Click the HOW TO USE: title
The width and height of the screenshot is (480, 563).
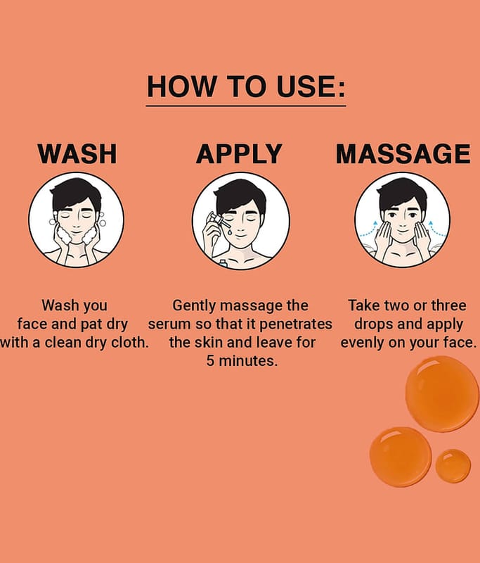(x=246, y=87)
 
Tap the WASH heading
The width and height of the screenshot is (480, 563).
(x=77, y=153)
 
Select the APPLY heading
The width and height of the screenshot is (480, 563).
(x=239, y=153)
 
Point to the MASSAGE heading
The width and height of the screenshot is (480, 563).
(x=403, y=153)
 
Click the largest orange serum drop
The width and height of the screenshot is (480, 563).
(x=442, y=394)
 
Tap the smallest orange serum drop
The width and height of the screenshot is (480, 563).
(x=453, y=466)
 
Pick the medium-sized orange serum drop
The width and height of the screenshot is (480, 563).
(x=401, y=457)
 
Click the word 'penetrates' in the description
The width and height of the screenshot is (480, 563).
(x=295, y=324)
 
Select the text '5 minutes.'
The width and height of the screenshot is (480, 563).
(x=242, y=361)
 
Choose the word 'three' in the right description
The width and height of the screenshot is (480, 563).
(x=448, y=305)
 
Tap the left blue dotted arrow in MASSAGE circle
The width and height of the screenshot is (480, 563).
(x=368, y=230)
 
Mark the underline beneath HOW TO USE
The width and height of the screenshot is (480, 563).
(x=246, y=106)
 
